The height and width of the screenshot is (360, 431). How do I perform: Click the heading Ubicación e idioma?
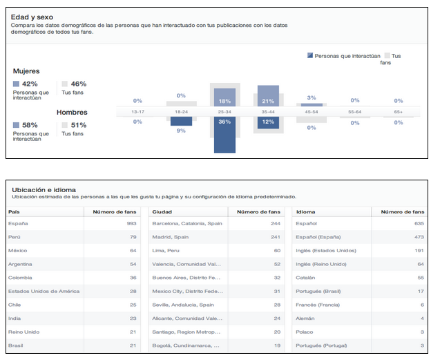coord(44,189)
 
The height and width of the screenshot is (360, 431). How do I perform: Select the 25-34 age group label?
coord(224,111)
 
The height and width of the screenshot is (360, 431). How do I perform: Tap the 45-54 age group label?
coord(311,111)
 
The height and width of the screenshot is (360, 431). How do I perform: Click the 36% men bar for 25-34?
coord(224,134)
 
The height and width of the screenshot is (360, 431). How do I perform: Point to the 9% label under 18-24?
coord(181,130)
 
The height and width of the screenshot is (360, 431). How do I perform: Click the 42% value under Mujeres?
coord(30,84)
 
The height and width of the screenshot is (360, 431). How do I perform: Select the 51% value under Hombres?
coord(78,125)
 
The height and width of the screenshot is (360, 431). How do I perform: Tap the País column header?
coord(15,211)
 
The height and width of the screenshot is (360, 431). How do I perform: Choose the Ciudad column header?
coord(162,211)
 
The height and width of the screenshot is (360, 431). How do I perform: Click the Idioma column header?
coord(305,211)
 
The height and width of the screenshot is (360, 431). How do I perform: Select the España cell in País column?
coord(18,224)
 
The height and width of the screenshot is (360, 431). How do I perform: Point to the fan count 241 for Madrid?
coord(276,237)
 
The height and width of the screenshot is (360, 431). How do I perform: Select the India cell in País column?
coord(15,318)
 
